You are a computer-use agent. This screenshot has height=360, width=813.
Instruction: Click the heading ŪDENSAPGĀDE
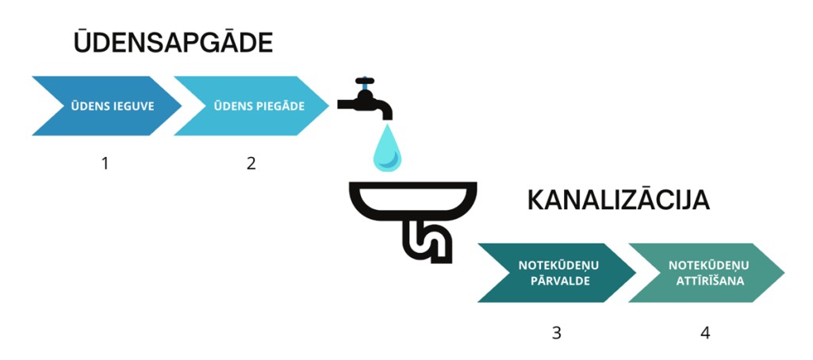click(x=173, y=42)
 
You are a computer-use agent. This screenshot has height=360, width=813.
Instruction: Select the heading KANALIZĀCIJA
click(x=618, y=201)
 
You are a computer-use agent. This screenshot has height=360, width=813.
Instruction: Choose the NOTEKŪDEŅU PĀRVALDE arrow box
click(x=555, y=273)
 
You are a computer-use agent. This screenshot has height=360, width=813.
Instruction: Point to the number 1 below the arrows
click(x=105, y=163)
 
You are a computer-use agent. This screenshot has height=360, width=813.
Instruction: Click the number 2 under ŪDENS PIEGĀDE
click(x=251, y=163)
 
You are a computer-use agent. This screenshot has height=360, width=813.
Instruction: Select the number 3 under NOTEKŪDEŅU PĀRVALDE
click(x=556, y=333)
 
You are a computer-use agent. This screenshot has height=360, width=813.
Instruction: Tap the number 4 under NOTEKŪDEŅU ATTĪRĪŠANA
click(x=705, y=333)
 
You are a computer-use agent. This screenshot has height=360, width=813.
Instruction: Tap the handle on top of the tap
click(x=364, y=81)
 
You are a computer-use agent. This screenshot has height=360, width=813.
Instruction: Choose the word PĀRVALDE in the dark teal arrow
click(x=555, y=281)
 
